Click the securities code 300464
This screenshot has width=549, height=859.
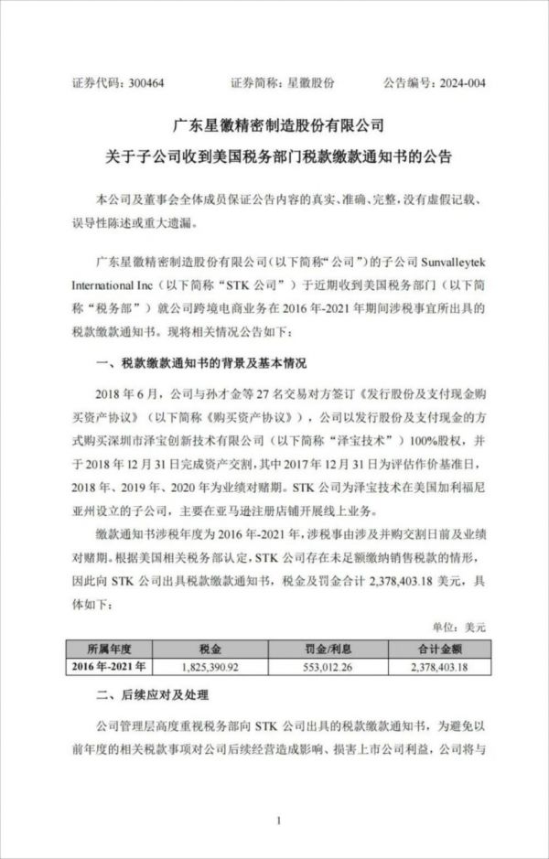pyautogui.click(x=147, y=83)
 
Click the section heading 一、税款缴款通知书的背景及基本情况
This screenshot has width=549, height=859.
pyautogui.click(x=202, y=364)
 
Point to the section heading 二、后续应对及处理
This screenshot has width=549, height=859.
pyautogui.click(x=146, y=699)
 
